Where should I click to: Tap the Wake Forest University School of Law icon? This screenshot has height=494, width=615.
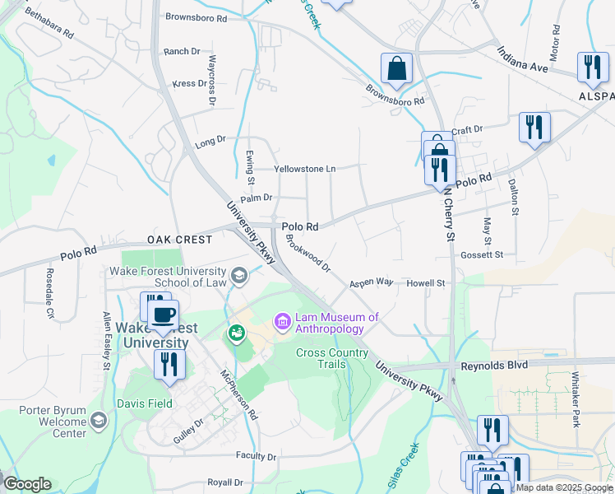click(x=239, y=275)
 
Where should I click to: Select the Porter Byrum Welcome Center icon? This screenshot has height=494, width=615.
click(x=99, y=421)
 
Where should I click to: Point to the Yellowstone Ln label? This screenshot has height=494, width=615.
click(x=305, y=169)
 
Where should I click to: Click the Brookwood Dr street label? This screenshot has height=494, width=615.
click(x=307, y=254)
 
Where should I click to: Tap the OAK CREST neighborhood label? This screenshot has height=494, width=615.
click(x=179, y=240)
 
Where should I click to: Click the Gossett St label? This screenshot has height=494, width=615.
click(x=482, y=255)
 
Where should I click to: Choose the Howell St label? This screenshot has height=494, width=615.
click(x=426, y=283)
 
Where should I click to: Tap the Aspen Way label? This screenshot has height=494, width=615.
click(x=371, y=282)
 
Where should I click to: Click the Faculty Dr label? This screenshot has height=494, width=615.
click(x=255, y=456)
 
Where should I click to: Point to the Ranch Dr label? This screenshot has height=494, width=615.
click(x=182, y=51)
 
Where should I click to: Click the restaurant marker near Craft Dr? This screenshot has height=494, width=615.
click(x=534, y=128)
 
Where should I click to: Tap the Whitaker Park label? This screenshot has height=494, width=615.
click(x=576, y=399)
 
